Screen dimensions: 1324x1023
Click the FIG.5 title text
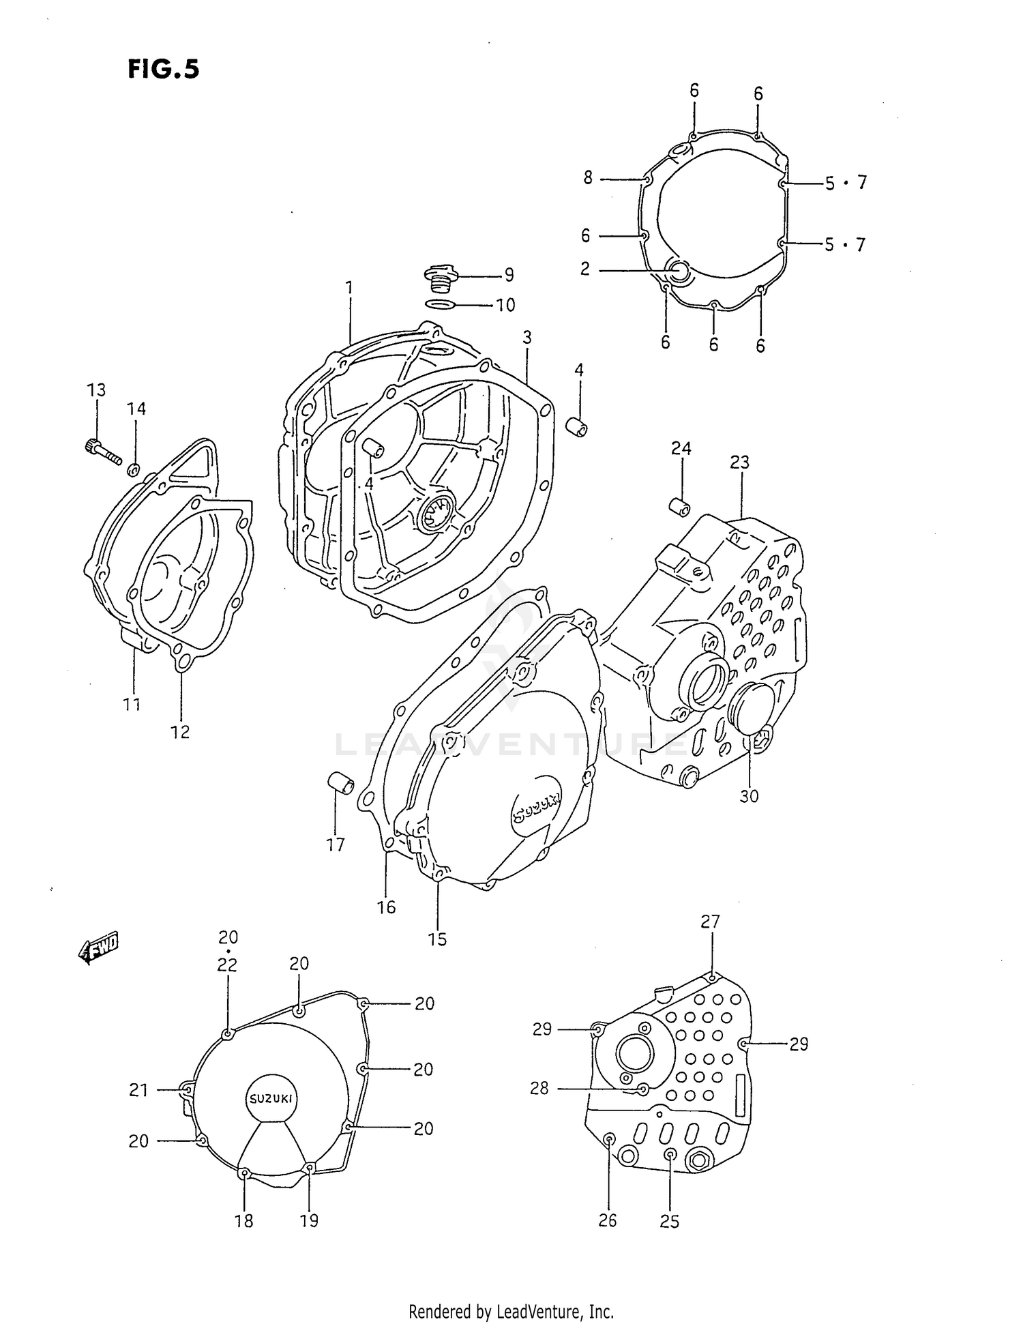coord(163,69)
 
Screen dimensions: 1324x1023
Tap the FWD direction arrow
coord(99,947)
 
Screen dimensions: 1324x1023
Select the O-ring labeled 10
coord(439,304)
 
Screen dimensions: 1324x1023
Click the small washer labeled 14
coord(134,469)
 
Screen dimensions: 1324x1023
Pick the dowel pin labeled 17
coord(340,782)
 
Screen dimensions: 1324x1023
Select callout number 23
coord(739,462)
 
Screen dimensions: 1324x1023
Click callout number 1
coord(349,288)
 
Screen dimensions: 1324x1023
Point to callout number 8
coord(588,178)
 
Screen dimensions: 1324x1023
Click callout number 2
coord(585,269)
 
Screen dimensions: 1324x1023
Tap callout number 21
coord(138,1090)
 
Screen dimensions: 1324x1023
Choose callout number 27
coord(710,922)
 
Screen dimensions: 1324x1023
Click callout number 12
coord(180,732)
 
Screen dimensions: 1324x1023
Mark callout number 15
coord(437,939)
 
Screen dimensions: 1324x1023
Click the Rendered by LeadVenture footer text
coord(511,1311)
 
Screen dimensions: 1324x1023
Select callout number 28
coord(539,1088)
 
